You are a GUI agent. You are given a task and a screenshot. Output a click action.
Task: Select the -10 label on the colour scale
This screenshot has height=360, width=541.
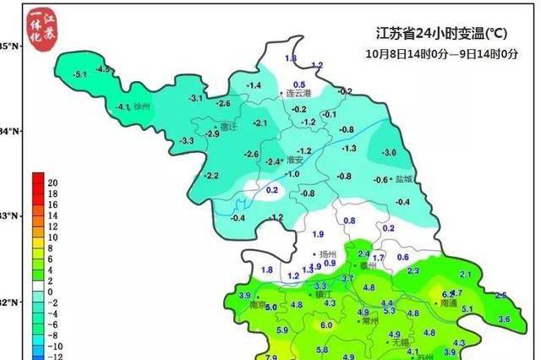[x=53, y=346]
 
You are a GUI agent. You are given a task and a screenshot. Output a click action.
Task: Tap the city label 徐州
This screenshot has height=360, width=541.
[x=141, y=107]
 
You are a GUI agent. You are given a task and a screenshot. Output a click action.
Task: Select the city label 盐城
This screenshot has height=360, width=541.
[x=405, y=179]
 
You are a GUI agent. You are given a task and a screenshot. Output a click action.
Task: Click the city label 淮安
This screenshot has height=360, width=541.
[x=295, y=160]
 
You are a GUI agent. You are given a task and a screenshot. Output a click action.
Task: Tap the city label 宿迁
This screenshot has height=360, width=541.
[x=227, y=127]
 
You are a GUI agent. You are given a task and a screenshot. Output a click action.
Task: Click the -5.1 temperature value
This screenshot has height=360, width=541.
[x=81, y=75]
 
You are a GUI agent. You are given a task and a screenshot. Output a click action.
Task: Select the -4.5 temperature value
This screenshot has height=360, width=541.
[x=104, y=68]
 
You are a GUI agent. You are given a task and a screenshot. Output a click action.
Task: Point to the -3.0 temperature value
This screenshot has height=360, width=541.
[x=389, y=153]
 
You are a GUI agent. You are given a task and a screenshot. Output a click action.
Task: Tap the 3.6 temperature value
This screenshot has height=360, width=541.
[x=505, y=319]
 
